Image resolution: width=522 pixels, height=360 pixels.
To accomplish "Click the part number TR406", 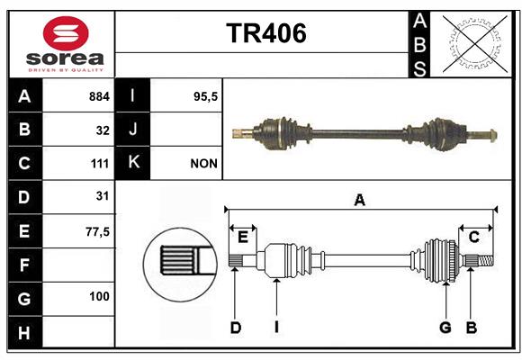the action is pos(266,33).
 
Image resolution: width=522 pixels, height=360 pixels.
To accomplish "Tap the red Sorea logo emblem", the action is pos(66,33).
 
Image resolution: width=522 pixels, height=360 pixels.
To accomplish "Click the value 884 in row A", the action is pos(99,96).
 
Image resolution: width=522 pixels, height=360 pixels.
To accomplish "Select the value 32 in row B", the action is pos(103,130).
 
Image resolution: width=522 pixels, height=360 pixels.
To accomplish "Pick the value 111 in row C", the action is pos(100,164).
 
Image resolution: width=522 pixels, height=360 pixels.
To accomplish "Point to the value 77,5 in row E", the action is pos(97,232).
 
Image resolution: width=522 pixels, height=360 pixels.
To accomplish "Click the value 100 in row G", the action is pos(99,296).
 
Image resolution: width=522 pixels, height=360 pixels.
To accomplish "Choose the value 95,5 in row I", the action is pos(205,97).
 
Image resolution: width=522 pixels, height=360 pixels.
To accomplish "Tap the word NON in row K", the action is pos(203,164).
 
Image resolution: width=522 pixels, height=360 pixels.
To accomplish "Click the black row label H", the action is pos(24,332).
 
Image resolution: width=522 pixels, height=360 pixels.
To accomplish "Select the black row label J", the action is pos(132,130).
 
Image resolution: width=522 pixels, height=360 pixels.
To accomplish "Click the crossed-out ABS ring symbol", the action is pos(474,44).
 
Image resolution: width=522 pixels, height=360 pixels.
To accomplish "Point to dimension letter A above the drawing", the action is pos(359,201).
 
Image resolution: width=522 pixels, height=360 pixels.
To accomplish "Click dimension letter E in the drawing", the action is pos(243,238).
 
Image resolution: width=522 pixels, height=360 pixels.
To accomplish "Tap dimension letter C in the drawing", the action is pos(473,238).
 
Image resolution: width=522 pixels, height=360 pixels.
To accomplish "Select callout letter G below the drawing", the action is pos(445,328).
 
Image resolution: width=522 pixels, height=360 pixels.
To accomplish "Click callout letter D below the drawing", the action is pos(236,328).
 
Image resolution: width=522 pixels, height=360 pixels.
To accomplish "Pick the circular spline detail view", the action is pos(180,265).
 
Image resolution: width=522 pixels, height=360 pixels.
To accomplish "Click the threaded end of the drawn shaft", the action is pos(486,260).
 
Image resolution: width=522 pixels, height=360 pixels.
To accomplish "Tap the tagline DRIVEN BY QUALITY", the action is pos(66,70).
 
